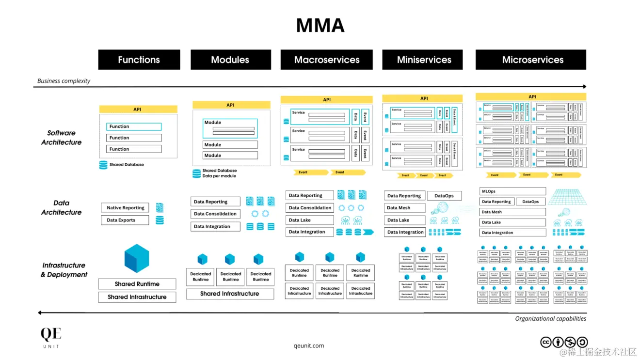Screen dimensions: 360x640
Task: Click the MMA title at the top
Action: click(x=320, y=25)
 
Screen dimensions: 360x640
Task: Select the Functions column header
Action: click(x=139, y=60)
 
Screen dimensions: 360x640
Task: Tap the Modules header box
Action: click(x=230, y=60)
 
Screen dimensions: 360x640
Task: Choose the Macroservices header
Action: click(x=327, y=60)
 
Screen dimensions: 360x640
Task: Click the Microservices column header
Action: click(x=532, y=60)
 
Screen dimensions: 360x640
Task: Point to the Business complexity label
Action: click(x=64, y=81)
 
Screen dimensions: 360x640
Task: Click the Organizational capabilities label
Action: click(x=550, y=318)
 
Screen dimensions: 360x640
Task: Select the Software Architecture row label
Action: click(x=61, y=138)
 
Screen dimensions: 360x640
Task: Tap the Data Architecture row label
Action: click(x=61, y=207)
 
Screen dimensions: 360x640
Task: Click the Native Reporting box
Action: click(x=125, y=208)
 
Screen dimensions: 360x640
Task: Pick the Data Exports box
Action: click(x=125, y=220)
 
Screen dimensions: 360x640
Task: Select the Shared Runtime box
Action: click(x=137, y=284)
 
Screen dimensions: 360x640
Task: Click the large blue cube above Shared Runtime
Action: click(x=137, y=258)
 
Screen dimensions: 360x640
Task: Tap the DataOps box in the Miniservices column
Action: click(x=444, y=196)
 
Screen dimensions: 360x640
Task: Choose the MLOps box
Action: click(x=512, y=191)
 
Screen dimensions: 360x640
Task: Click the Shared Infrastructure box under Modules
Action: click(x=230, y=294)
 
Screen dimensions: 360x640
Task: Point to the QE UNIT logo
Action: click(x=51, y=337)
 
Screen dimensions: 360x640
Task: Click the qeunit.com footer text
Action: click(x=309, y=345)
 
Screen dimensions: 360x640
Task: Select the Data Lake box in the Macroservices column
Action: click(x=309, y=220)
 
